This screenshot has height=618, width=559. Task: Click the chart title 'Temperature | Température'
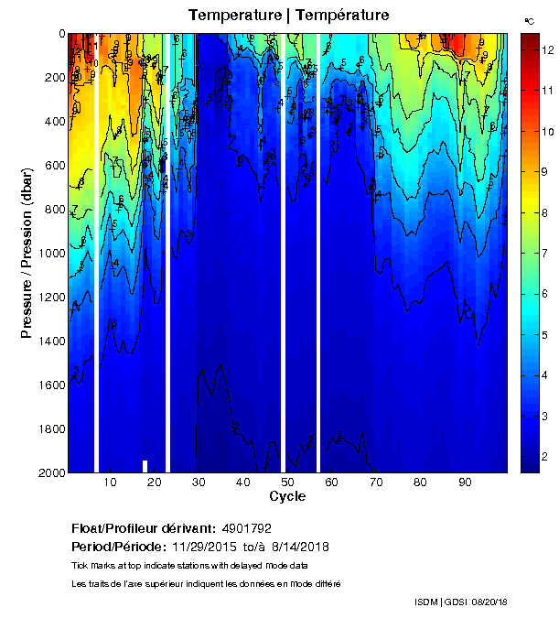coord(289,16)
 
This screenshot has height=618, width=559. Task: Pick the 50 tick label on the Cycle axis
coord(287,482)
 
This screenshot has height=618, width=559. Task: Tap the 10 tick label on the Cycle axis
coord(110,482)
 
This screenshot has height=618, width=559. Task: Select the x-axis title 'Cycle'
coord(287,496)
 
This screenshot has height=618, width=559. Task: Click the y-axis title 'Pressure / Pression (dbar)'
coord(27,253)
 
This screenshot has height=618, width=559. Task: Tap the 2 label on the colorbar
coord(545,456)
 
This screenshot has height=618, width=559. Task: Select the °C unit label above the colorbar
coord(529,20)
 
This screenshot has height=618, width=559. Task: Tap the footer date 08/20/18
coord(487,602)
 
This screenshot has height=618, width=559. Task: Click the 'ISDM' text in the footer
coord(425,602)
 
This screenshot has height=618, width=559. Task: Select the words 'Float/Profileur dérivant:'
coord(141,528)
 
